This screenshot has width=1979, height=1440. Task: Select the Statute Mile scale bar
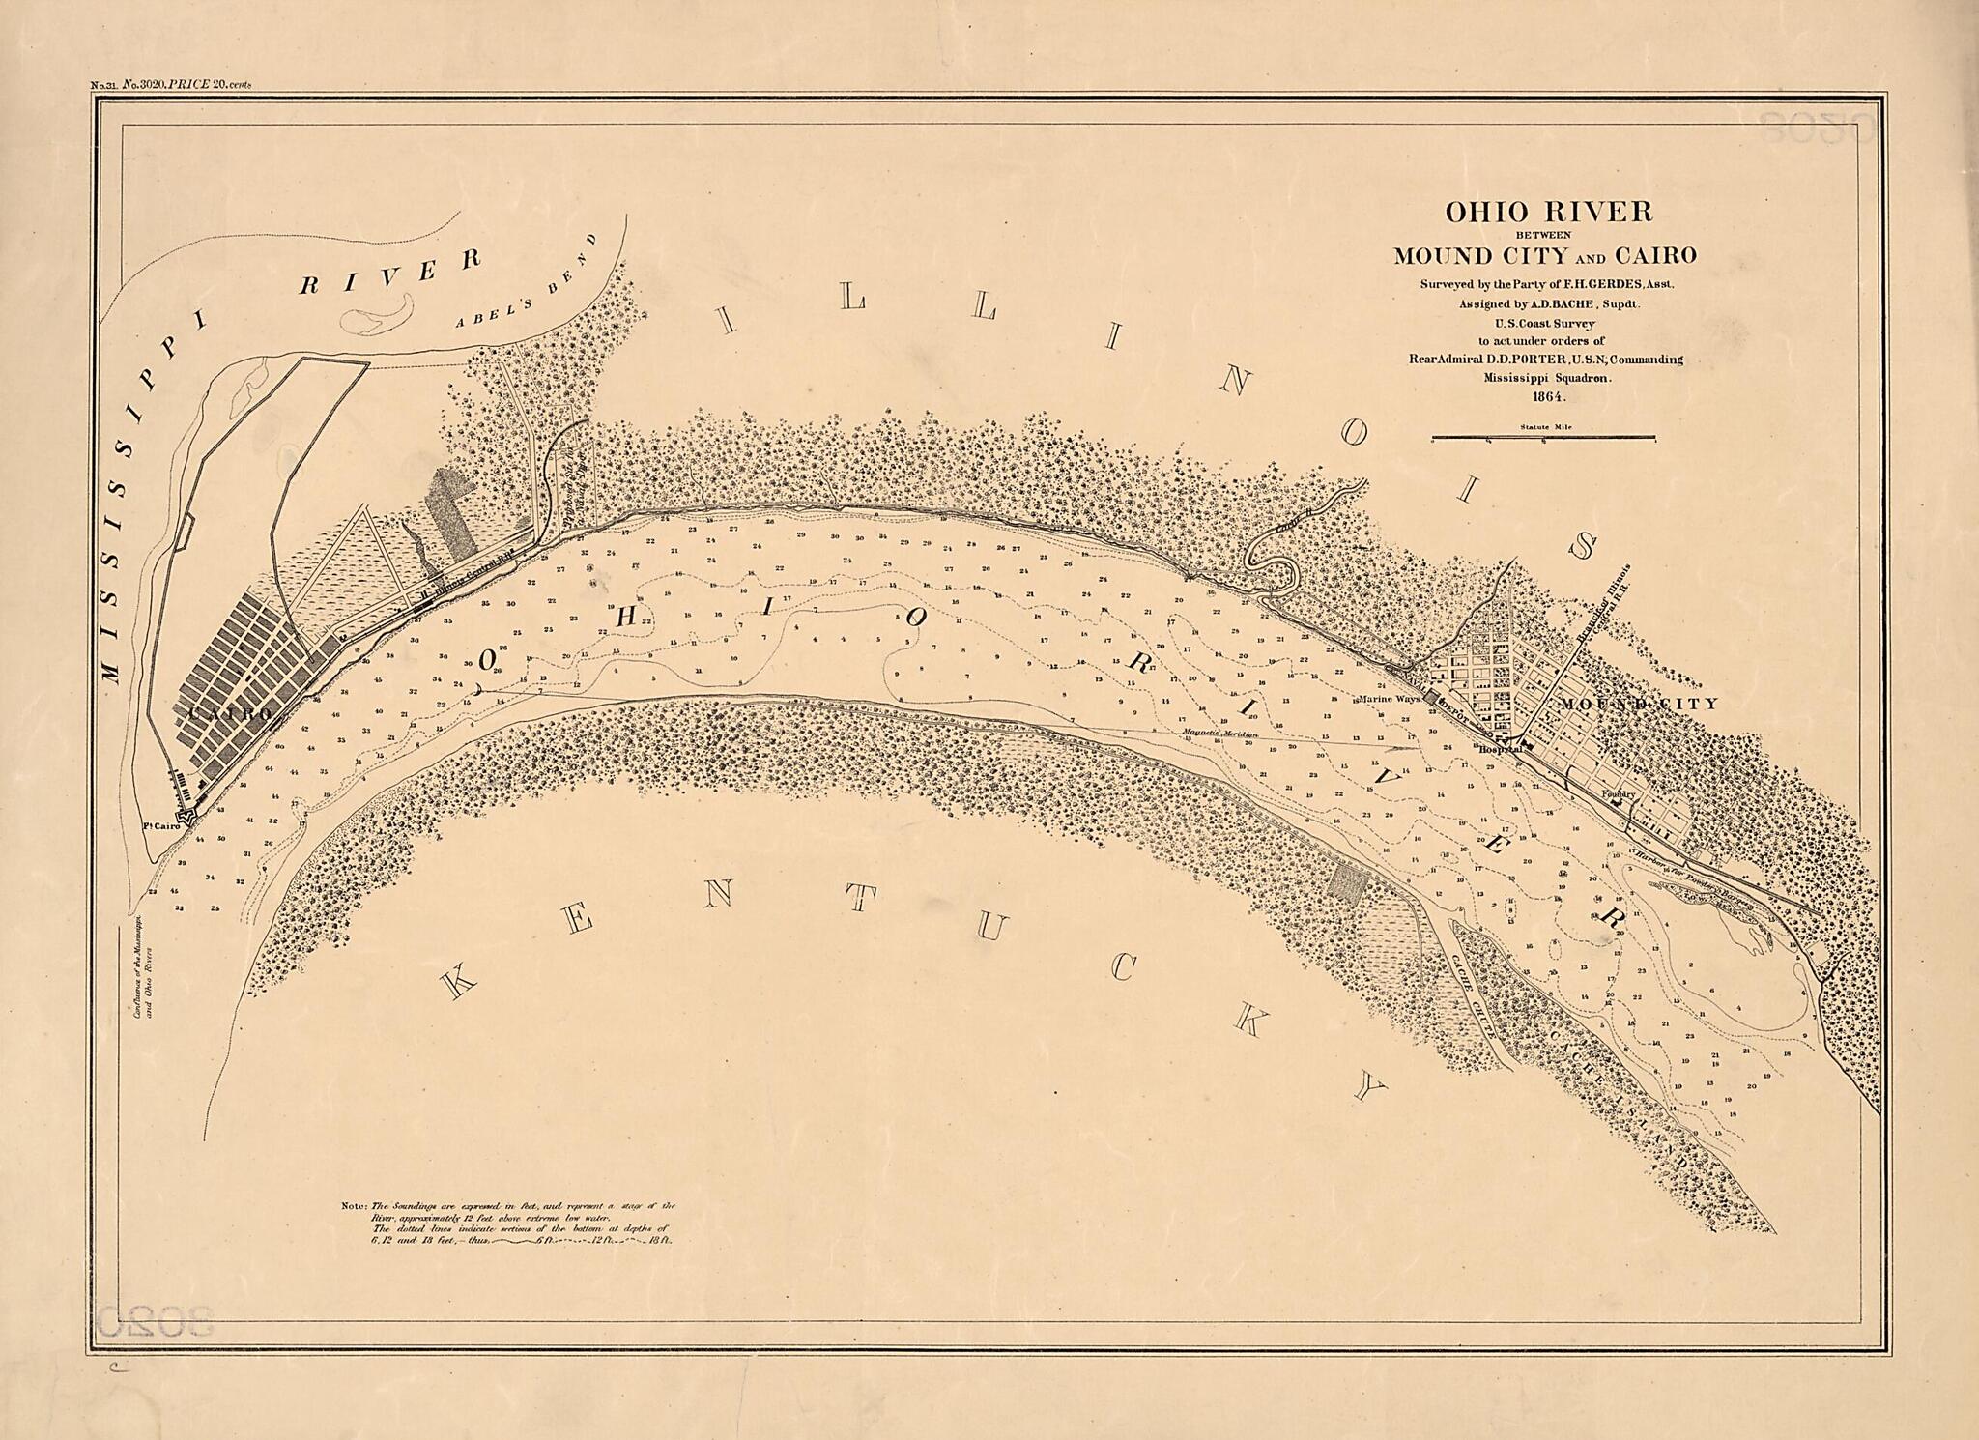click(x=1542, y=438)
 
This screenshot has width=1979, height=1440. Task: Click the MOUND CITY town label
click(x=1639, y=704)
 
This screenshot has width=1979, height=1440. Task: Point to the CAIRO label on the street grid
click(x=229, y=712)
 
